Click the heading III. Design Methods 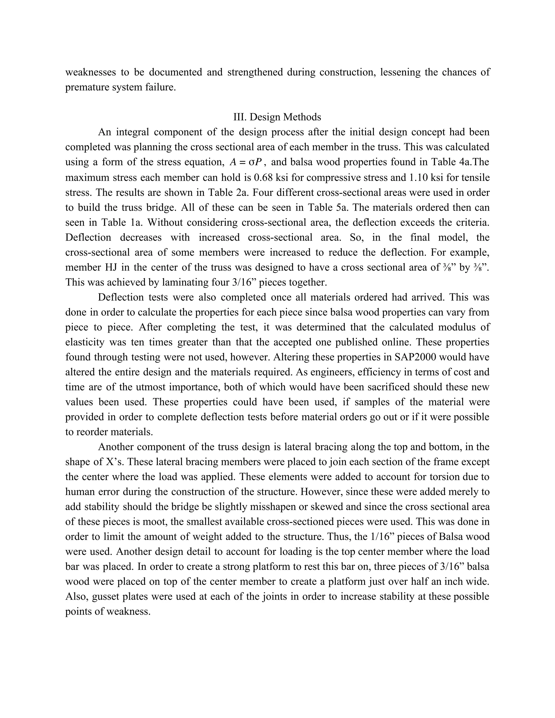(x=277, y=117)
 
